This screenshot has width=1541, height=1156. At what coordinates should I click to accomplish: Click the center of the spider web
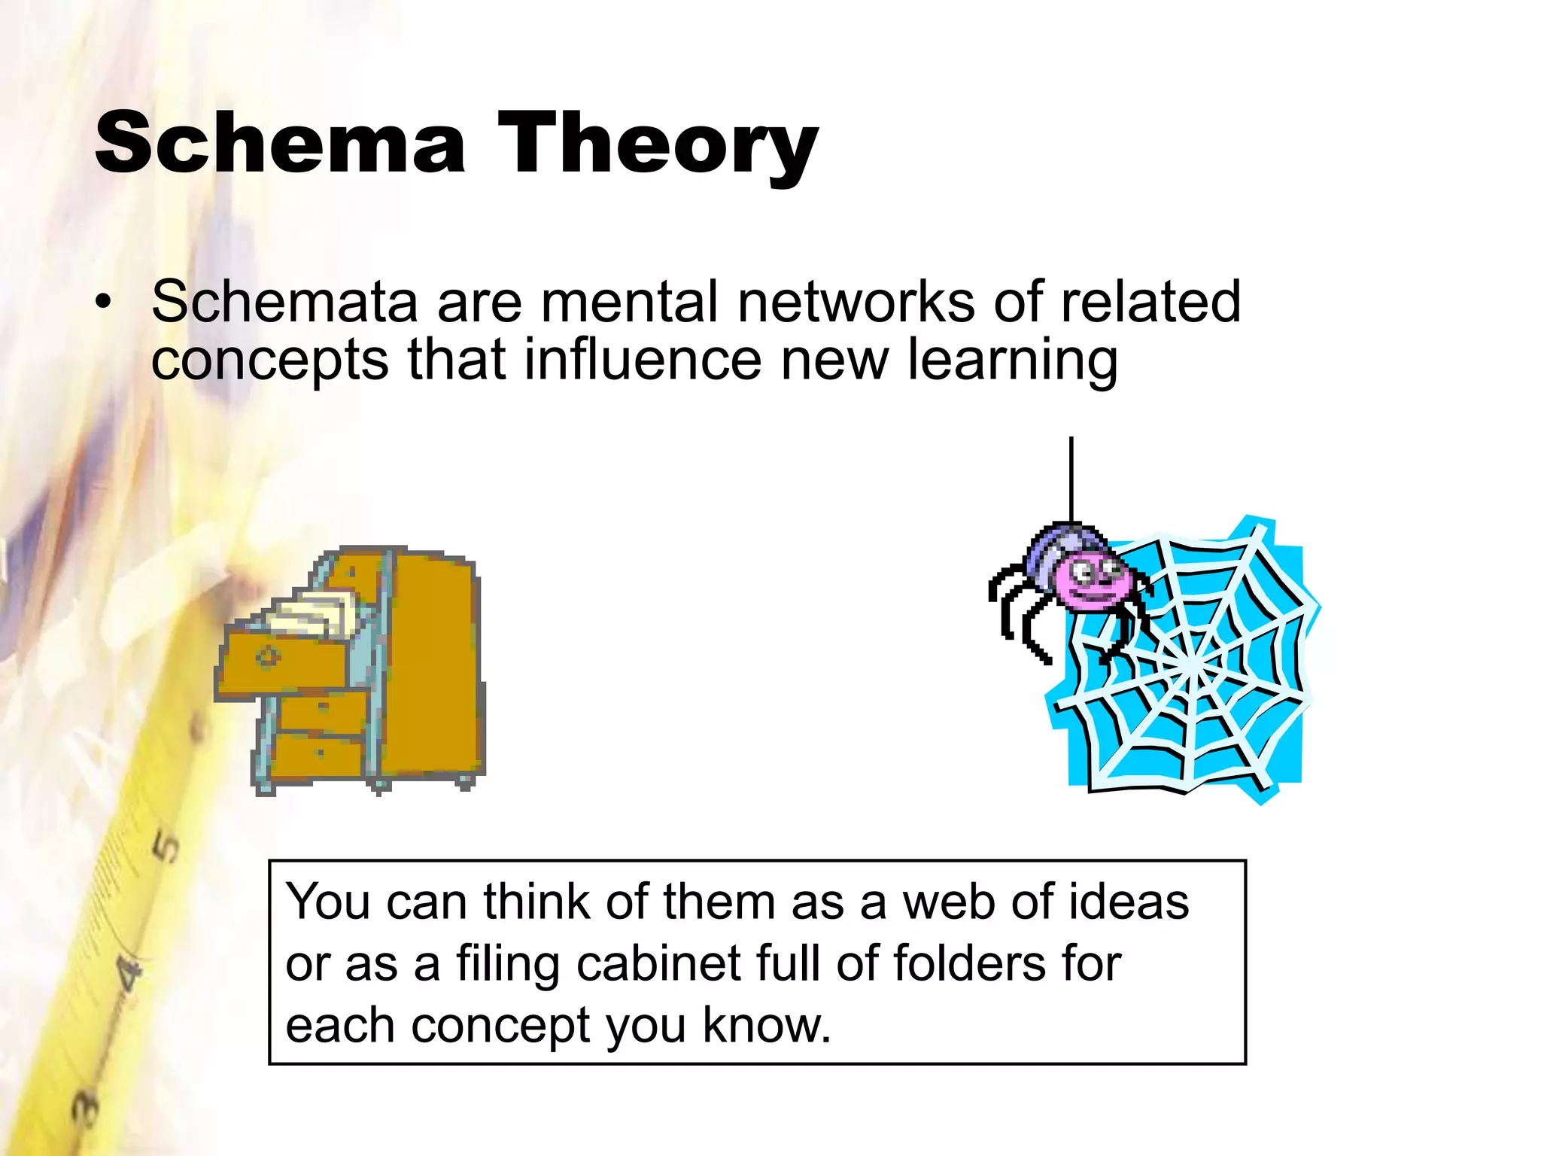click(1191, 666)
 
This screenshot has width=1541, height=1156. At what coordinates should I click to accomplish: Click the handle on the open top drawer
click(267, 656)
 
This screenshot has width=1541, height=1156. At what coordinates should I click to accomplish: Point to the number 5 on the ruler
click(167, 847)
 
